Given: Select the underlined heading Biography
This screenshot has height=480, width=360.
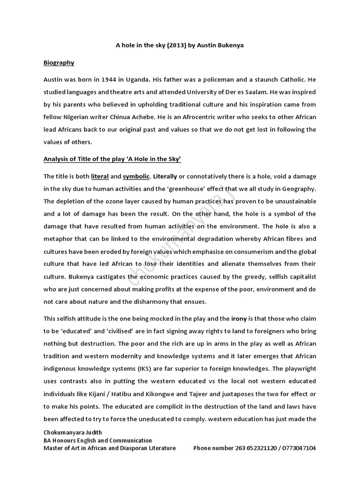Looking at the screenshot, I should coord(59,62).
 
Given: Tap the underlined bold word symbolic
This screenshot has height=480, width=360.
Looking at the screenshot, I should coord(136,176).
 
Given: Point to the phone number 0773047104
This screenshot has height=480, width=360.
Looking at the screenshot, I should coord(298,448).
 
